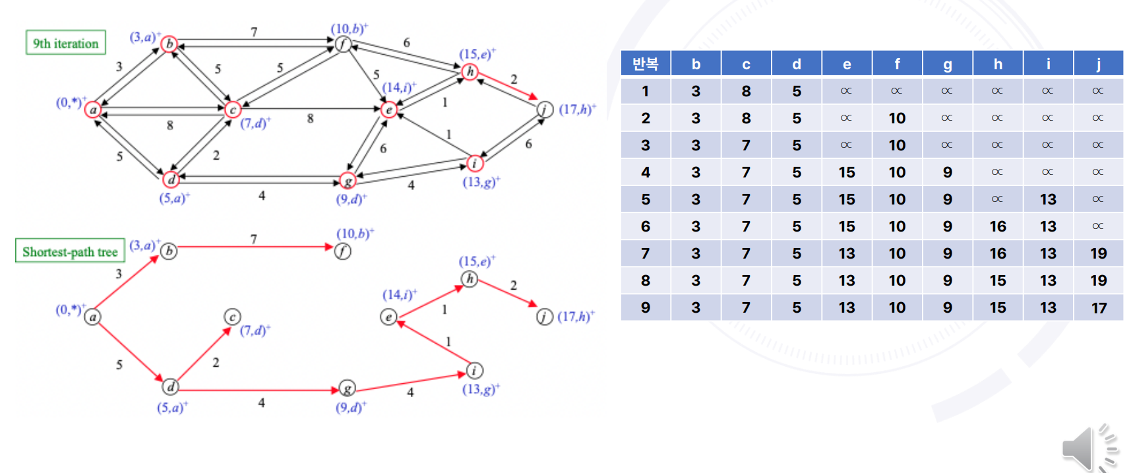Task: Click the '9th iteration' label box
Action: click(x=66, y=44)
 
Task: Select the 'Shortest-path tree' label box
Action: click(x=70, y=251)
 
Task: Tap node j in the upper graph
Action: click(x=545, y=110)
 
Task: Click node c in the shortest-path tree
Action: click(x=232, y=317)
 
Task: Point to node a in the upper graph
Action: click(x=93, y=110)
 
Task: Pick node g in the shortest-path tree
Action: click(x=347, y=389)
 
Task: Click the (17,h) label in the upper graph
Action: click(x=577, y=110)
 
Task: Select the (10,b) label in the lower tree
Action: click(x=355, y=234)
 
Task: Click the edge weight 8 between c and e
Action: click(x=310, y=119)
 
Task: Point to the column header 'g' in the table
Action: click(x=947, y=64)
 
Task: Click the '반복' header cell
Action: click(x=646, y=64)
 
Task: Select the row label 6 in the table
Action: click(x=646, y=226)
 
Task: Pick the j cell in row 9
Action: click(x=1098, y=307)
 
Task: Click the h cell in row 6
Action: click(x=997, y=226)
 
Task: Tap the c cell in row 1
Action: click(x=746, y=91)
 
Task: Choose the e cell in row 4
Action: click(x=847, y=172)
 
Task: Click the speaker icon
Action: click(x=1088, y=449)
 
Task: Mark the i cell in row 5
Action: click(x=1048, y=199)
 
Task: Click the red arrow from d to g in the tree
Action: click(x=257, y=390)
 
